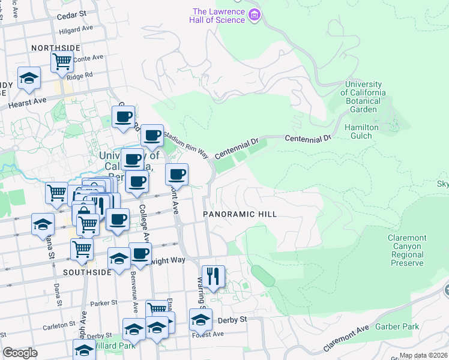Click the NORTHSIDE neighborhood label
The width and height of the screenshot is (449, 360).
[x=56, y=47]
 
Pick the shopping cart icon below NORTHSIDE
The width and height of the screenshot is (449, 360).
[x=62, y=61]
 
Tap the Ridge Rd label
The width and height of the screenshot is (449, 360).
[x=79, y=76]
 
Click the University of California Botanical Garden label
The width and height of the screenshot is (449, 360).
[x=363, y=97]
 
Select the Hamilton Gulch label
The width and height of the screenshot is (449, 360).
[x=361, y=131]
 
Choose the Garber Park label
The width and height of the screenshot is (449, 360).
[x=397, y=327]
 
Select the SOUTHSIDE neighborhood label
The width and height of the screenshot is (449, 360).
[x=88, y=272]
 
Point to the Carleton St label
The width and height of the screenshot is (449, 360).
[x=59, y=327]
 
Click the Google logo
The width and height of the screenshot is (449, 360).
[x=20, y=353]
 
